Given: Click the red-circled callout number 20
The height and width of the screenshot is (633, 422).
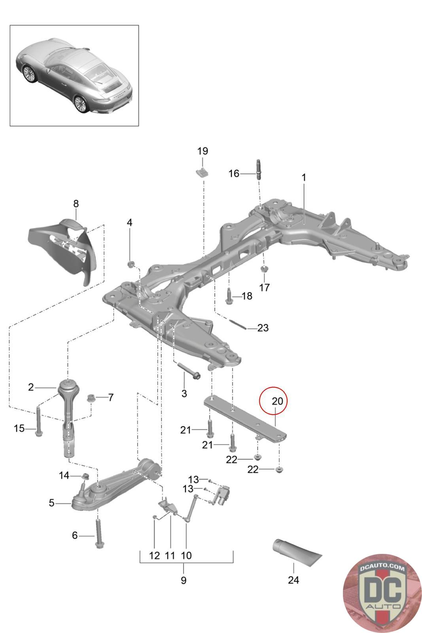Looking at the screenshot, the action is pos(277,401).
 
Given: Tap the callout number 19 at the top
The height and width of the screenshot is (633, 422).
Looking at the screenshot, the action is pos(202,151).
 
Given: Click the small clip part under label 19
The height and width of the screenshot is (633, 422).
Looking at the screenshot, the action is pos(202,172).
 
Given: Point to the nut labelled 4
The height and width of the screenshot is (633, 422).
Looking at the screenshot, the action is pos(131,265).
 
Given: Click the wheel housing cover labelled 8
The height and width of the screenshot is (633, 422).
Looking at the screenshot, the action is pos(63,250).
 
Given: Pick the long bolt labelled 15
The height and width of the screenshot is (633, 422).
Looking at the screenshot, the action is pos(38,421).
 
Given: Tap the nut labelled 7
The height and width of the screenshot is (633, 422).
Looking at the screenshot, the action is pos(91,398).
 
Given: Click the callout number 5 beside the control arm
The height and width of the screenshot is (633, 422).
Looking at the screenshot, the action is pos(51,503).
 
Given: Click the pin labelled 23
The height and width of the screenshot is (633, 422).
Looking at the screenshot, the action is pos(238,324).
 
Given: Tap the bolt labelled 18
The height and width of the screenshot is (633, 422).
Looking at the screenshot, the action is pos(229,296).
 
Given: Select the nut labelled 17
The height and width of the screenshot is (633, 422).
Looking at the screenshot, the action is pos(264,268).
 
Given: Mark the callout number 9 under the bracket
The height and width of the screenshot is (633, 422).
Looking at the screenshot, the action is pos(184,580).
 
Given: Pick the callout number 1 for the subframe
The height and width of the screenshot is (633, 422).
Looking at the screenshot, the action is pos(304,178).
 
